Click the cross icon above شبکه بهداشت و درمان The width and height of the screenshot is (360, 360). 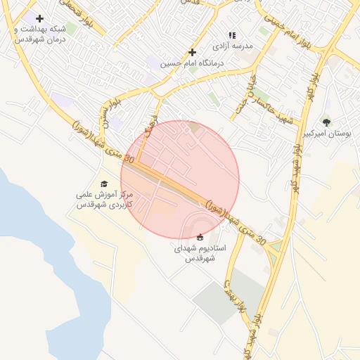(x=39, y=19)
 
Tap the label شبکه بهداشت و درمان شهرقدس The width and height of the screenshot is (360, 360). (x=40, y=34)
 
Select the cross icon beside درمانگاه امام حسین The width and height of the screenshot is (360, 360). (x=193, y=52)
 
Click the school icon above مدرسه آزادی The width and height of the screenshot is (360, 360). (x=232, y=34)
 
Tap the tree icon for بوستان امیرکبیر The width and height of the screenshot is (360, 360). (x=326, y=122)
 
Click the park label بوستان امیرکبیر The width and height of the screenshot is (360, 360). (x=326, y=134)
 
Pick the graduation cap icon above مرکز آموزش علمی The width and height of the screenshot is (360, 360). (x=105, y=184)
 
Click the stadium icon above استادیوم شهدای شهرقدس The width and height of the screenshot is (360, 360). (x=200, y=237)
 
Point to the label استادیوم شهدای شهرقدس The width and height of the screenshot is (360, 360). (x=200, y=253)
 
